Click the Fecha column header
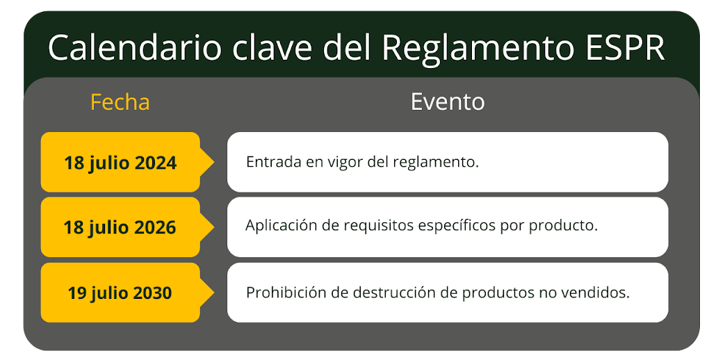pos(120,102)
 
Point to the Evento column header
pos(448,102)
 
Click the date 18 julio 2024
pos(120,163)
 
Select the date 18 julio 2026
pos(120,227)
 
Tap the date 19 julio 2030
pos(120,293)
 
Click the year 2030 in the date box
pos(152,293)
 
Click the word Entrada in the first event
pos(270,163)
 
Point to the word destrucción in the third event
pos(394,292)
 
